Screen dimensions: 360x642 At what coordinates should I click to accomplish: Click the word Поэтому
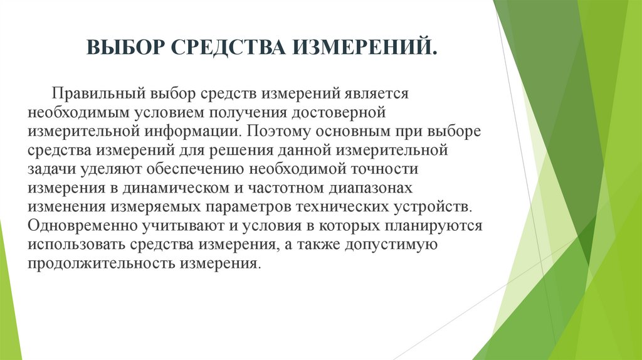275,131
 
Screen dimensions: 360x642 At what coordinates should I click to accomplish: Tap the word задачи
51,169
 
